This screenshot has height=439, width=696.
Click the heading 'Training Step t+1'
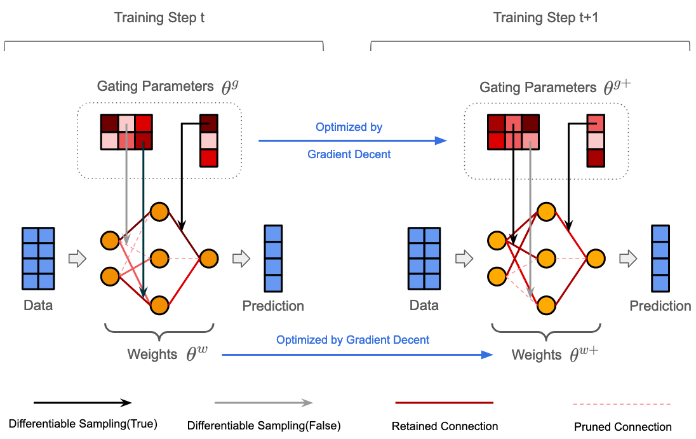[545, 17]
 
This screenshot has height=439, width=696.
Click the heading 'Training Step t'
[159, 17]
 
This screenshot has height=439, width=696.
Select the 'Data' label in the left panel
[38, 305]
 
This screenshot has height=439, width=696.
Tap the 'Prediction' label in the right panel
[660, 306]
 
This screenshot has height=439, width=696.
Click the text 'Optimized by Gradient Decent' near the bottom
[352, 340]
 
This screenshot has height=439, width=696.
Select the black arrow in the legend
[83, 402]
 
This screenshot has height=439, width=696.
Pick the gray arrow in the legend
[264, 402]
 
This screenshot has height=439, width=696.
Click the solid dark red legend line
[445, 402]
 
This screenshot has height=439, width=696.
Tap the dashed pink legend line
[622, 403]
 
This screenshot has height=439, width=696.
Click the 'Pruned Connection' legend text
[622, 427]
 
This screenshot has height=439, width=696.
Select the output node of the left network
[209, 259]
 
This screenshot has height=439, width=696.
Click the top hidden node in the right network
[546, 211]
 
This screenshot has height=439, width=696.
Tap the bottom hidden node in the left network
[159, 306]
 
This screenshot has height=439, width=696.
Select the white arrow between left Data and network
[77, 259]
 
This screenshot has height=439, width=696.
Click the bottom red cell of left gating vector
[208, 158]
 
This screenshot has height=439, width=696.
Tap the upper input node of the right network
[496, 241]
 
